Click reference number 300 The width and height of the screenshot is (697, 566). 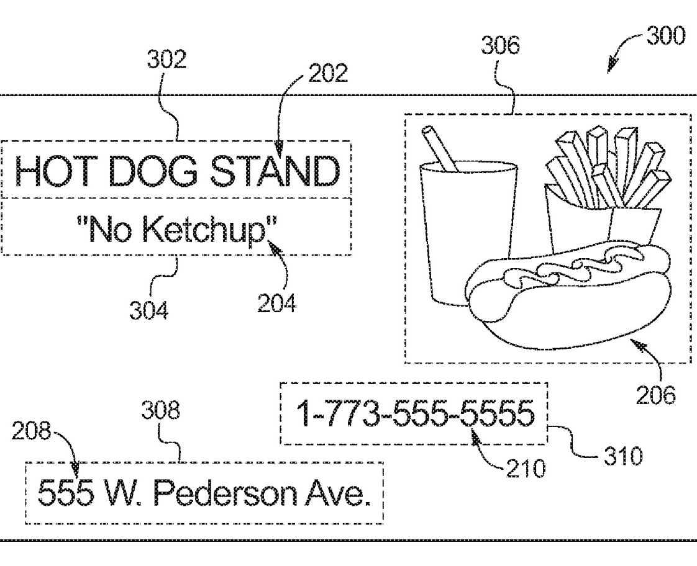[x=665, y=35]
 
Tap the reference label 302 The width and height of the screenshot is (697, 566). [x=166, y=59]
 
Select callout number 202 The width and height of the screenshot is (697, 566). [x=328, y=73]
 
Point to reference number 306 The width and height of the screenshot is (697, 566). [x=501, y=45]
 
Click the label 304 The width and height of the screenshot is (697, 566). [x=149, y=310]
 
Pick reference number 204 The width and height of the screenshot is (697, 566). [x=276, y=303]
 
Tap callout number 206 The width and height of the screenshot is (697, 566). [x=655, y=395]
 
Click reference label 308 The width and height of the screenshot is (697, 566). [x=161, y=410]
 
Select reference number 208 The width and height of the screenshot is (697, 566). [x=31, y=431]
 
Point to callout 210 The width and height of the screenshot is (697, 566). [x=526, y=469]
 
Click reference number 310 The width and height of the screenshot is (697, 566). [x=623, y=456]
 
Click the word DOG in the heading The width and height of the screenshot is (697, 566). [x=152, y=171]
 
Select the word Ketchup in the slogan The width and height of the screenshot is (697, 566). [x=206, y=230]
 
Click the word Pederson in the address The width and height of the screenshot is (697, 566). [x=225, y=493]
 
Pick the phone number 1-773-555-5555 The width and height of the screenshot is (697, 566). [x=416, y=413]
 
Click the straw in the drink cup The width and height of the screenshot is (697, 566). [x=440, y=149]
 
